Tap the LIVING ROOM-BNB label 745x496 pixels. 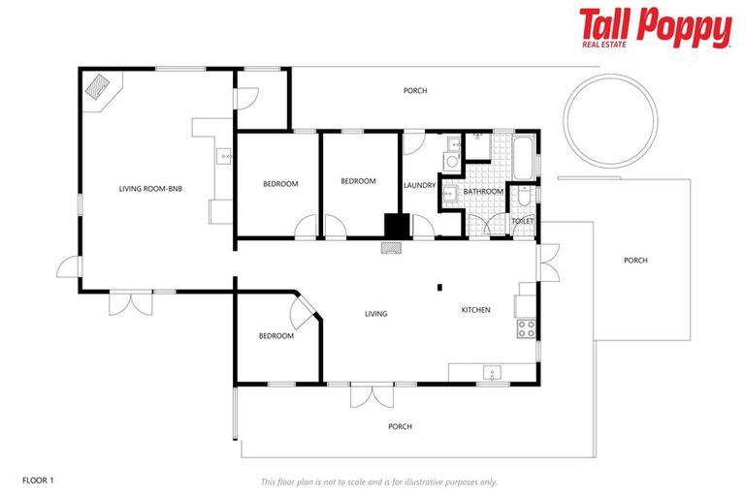(150, 188)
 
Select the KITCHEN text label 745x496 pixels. (475, 310)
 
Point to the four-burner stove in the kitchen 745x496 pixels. (527, 328)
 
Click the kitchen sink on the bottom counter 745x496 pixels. (491, 371)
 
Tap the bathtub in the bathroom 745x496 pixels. (523, 157)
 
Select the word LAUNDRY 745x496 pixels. (419, 185)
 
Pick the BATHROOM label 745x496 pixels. (482, 192)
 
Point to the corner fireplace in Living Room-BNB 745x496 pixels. (98, 86)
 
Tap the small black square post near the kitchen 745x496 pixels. (439, 286)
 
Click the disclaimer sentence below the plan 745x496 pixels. (378, 480)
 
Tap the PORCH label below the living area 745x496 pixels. (400, 426)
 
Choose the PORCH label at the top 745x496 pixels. (415, 91)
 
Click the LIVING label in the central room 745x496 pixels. (375, 314)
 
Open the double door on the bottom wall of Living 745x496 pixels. (372, 394)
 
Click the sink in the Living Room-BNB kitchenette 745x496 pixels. (224, 155)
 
